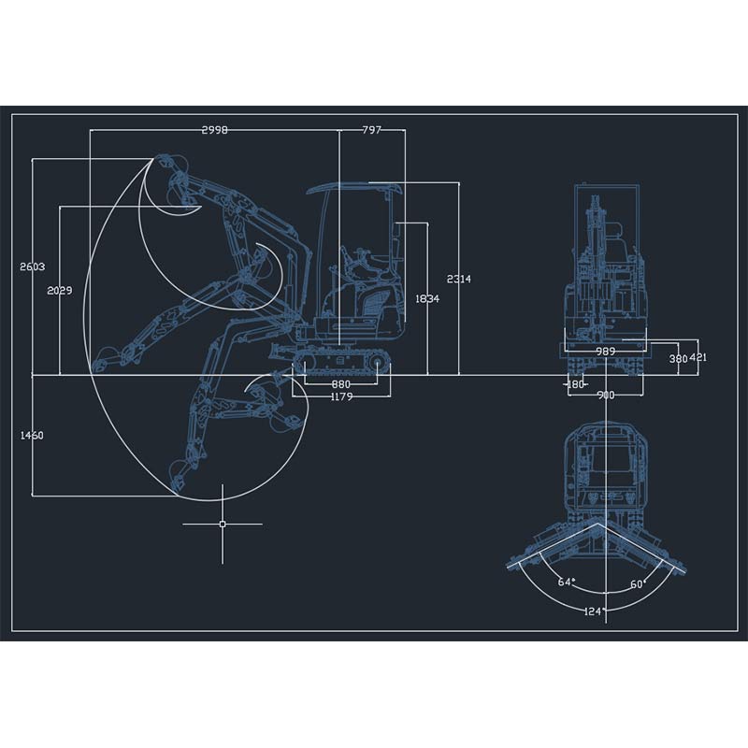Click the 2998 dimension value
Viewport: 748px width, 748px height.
tap(215, 130)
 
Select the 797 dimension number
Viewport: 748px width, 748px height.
tap(371, 130)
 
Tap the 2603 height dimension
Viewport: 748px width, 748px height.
tap(33, 266)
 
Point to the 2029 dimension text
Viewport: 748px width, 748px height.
tap(60, 291)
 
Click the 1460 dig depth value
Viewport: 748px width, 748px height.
tap(32, 435)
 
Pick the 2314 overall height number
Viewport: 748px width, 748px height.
tap(459, 279)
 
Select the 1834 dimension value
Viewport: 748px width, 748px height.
tap(427, 299)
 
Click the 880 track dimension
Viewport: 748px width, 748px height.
tap(340, 384)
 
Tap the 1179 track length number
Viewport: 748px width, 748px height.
tap(341, 396)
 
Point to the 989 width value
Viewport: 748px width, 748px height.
tap(606, 352)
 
